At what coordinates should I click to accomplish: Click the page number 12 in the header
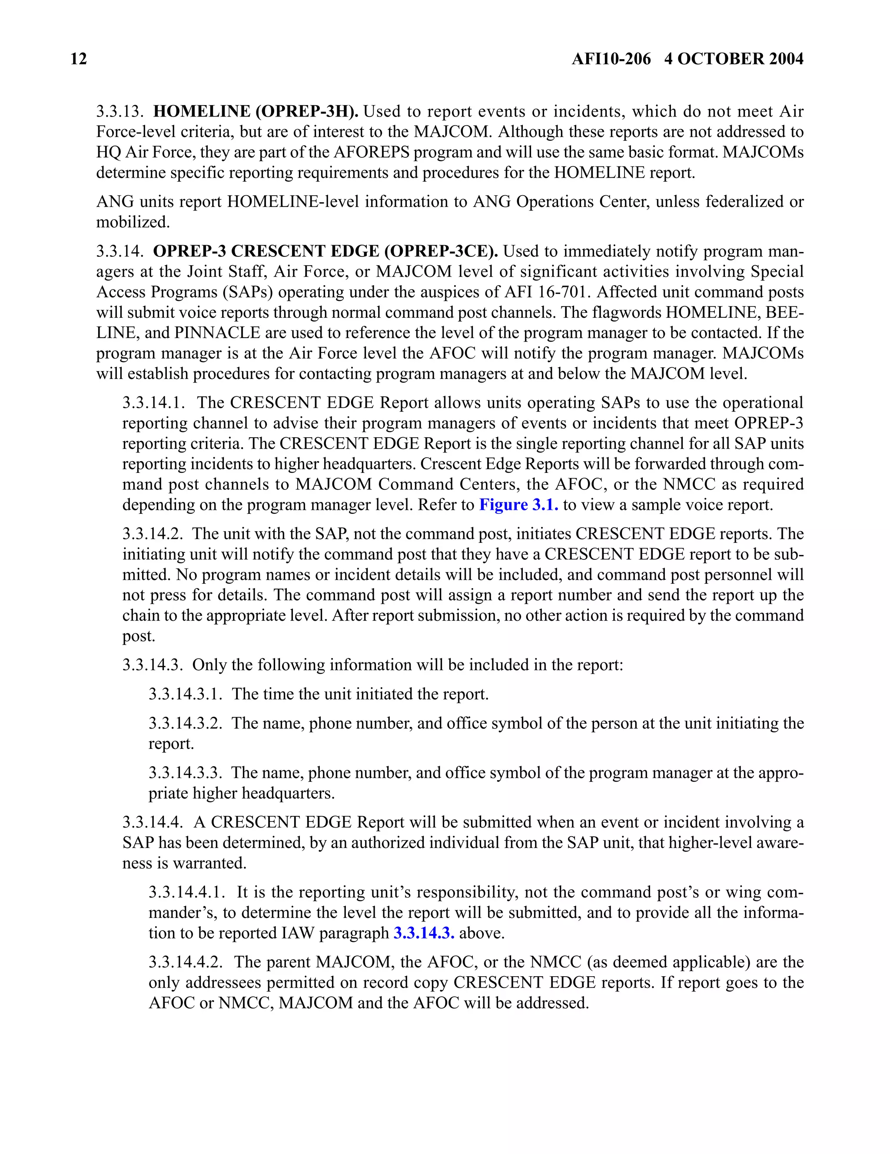(x=78, y=59)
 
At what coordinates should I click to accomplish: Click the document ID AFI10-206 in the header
(x=611, y=59)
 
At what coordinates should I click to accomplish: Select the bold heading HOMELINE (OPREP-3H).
(x=256, y=112)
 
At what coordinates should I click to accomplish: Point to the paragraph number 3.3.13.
(x=120, y=112)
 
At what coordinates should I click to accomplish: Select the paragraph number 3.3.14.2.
(x=153, y=534)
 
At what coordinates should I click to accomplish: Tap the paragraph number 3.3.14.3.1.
(x=186, y=694)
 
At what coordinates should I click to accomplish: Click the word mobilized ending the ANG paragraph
(x=133, y=222)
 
